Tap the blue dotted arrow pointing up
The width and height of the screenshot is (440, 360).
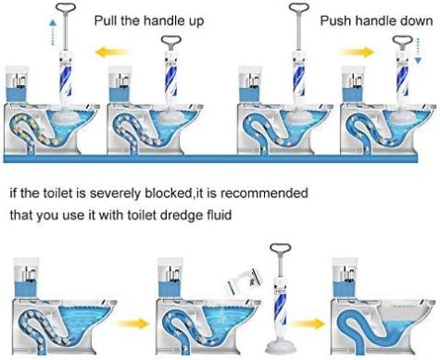tap(53, 32)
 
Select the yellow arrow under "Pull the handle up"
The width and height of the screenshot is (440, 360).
tap(111, 52)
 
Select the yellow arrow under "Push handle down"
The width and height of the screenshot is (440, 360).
tap(358, 52)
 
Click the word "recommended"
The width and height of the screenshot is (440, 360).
tap(264, 193)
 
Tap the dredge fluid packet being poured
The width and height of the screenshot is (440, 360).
tap(245, 281)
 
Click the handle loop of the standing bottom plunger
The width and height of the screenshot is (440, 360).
tap(280, 248)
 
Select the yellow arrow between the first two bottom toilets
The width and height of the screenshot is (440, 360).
tap(132, 323)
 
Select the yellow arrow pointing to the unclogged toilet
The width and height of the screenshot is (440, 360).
tap(308, 323)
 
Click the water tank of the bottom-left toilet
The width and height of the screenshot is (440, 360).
tap(27, 278)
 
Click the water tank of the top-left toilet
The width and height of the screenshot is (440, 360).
tap(18, 84)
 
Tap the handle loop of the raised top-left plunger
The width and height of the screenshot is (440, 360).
tap(66, 7)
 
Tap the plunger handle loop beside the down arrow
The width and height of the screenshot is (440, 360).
tap(403, 41)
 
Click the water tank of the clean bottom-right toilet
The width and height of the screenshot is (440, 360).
tap(345, 278)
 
